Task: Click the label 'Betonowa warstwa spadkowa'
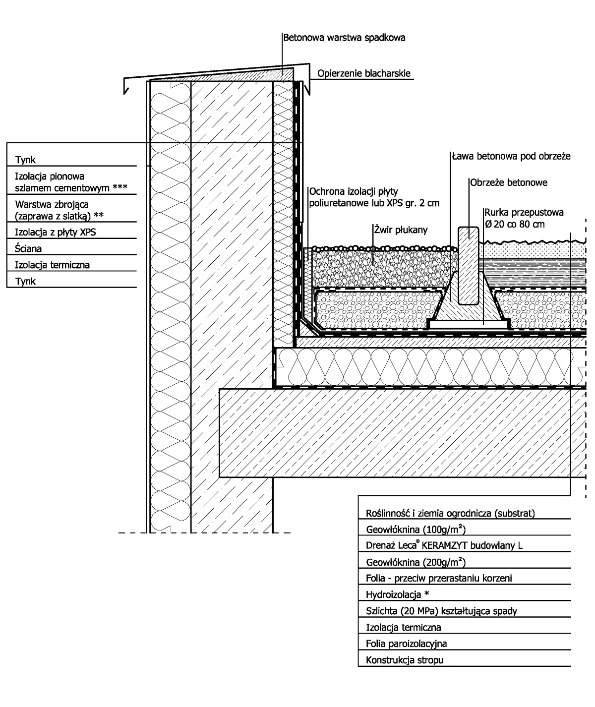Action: (x=344, y=38)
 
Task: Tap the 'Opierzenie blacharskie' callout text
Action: (x=364, y=73)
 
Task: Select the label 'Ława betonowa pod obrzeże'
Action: (x=511, y=156)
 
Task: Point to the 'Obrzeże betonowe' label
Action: (x=509, y=182)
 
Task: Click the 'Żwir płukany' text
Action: (x=401, y=230)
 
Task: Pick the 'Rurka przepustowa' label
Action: (x=524, y=212)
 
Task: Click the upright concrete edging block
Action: (x=469, y=265)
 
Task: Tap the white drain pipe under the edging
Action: (x=469, y=324)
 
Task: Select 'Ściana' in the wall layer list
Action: (x=28, y=248)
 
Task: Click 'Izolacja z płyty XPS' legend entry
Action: (x=55, y=233)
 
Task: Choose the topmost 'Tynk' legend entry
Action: (x=25, y=160)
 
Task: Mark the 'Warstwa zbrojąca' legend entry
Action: (x=52, y=205)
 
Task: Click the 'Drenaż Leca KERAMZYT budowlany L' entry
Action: (x=444, y=545)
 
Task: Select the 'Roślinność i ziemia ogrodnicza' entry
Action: (x=450, y=513)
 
